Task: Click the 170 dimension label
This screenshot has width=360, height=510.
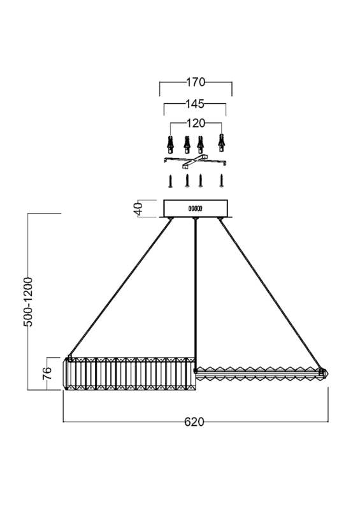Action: click(196, 82)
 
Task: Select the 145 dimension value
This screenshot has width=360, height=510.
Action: click(195, 104)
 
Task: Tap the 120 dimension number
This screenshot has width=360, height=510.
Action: click(196, 123)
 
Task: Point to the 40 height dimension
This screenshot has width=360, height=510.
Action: click(138, 209)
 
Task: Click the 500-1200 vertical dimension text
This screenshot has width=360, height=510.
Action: click(28, 302)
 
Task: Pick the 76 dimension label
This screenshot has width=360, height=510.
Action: click(47, 373)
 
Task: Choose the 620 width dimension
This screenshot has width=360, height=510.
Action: click(194, 421)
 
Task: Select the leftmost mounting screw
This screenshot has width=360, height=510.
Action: click(170, 181)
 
